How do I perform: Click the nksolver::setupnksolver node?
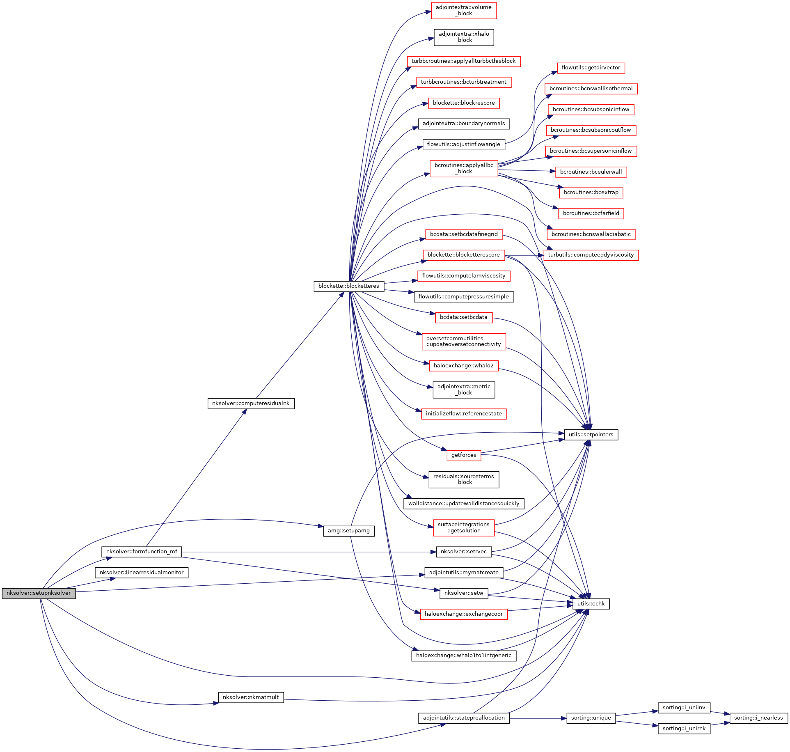[39, 593]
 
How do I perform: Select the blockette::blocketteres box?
[349, 286]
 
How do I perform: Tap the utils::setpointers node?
[591, 435]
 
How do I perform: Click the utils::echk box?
[591, 604]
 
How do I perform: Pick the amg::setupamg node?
[349, 531]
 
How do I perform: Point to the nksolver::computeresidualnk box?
[251, 404]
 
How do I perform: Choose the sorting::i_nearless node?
[758, 718]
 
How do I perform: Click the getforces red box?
[464, 455]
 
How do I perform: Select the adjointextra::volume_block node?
[464, 10]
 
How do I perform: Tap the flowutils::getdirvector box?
[591, 68]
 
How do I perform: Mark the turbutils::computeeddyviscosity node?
[591, 255]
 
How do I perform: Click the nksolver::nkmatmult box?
[251, 697]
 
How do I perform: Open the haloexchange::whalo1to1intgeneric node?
[464, 656]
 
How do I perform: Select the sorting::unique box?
[591, 718]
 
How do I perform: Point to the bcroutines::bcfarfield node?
[591, 213]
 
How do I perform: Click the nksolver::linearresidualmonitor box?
[142, 573]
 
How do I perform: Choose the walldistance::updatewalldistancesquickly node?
[464, 504]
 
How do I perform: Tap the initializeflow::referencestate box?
[464, 414]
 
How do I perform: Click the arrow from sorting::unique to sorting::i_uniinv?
[636, 713]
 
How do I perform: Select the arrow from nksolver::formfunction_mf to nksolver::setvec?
[308, 552]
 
